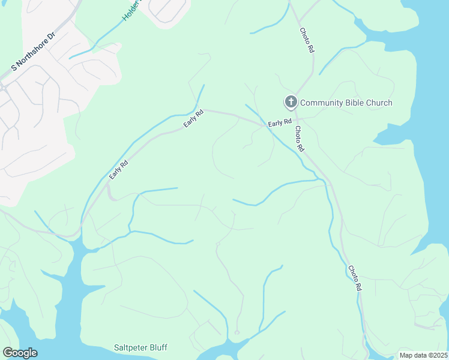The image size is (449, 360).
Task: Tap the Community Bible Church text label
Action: (346, 103)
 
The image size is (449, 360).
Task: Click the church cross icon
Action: (291, 102)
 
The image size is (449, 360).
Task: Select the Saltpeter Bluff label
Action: (140, 347)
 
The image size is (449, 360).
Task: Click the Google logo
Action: (20, 353)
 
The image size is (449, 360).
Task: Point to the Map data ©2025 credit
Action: (423, 355)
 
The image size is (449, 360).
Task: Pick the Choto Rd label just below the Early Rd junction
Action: (298, 139)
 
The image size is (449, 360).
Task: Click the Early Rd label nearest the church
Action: (280, 123)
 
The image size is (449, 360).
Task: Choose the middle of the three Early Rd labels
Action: (190, 120)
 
